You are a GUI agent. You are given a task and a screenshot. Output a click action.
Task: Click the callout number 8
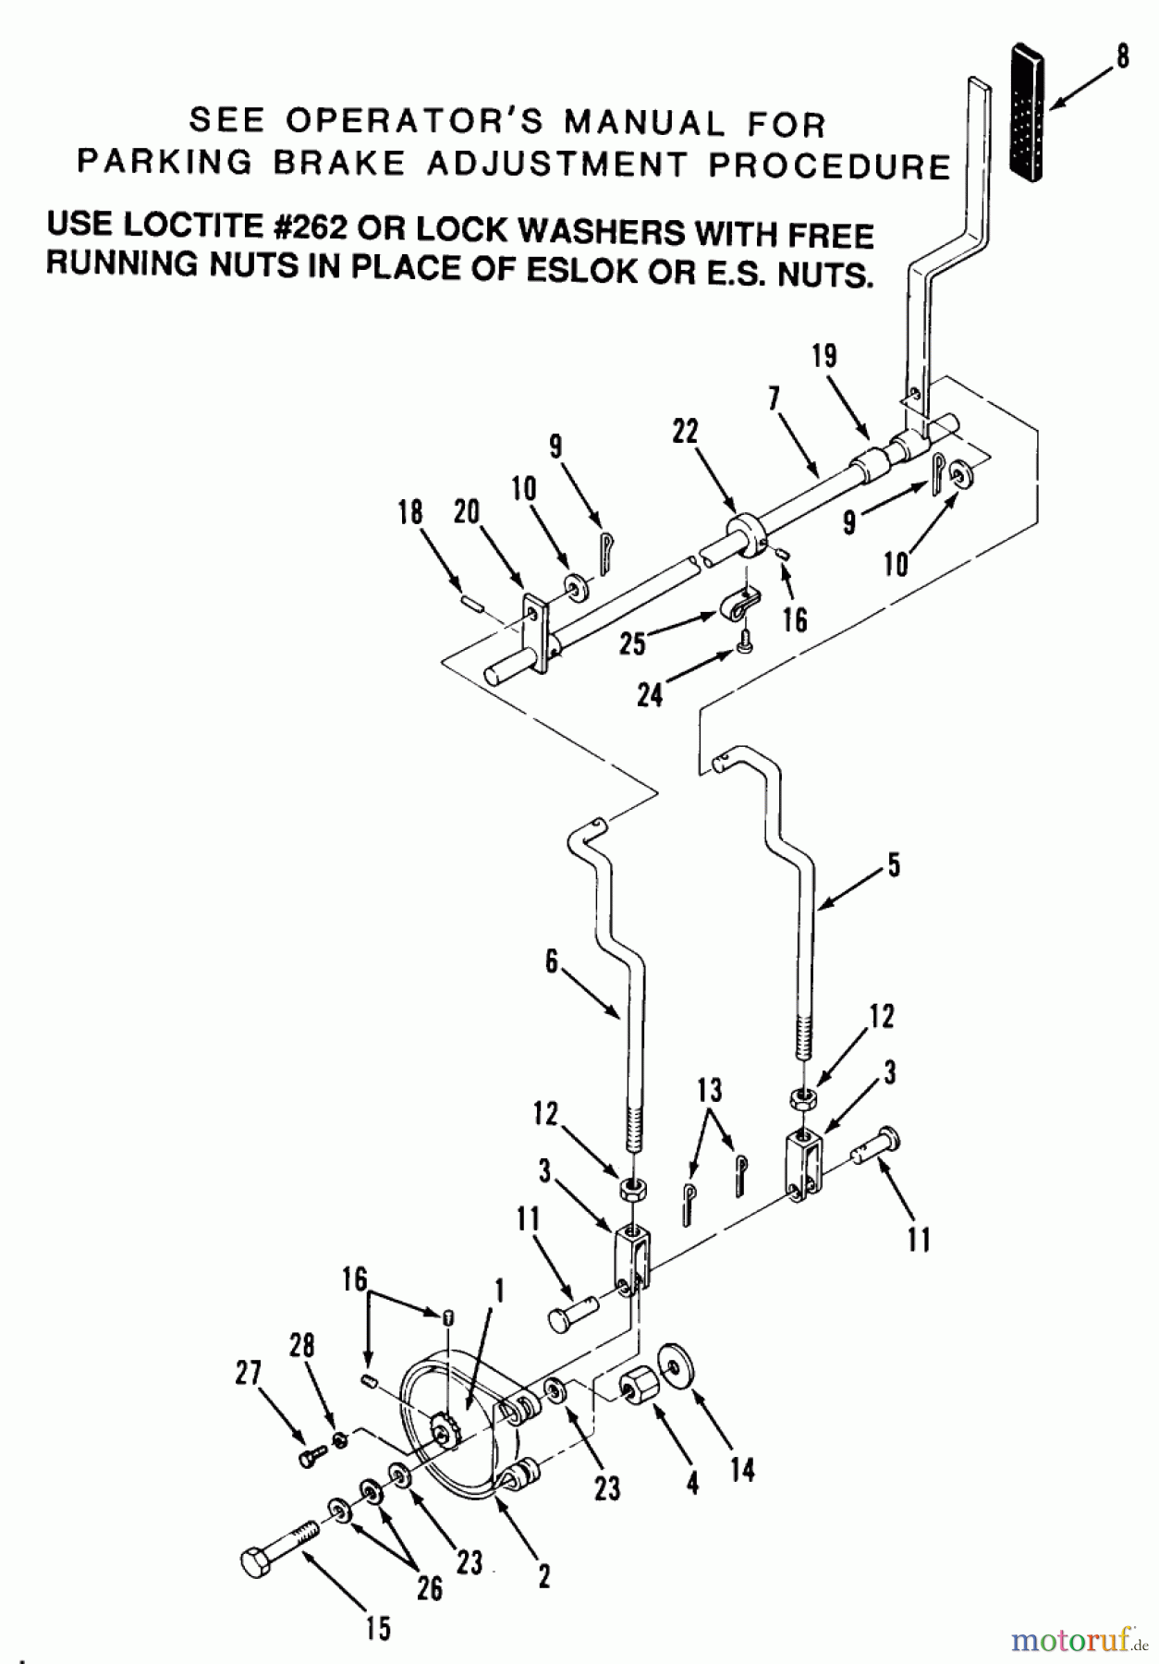1122,57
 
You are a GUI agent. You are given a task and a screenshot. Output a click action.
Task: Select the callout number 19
824,356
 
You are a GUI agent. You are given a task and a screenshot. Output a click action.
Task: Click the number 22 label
685,432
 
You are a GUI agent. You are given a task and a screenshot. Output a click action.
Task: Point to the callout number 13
709,1091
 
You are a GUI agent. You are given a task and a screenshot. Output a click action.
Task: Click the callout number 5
892,865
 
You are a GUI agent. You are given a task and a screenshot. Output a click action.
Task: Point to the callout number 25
632,643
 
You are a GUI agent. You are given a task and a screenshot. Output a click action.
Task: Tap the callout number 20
467,512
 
